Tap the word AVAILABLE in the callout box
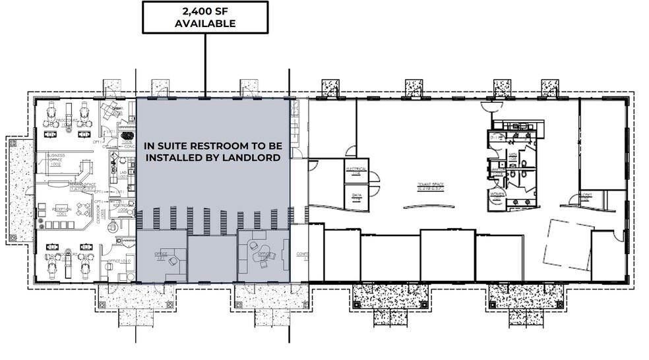204,24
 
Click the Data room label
356,196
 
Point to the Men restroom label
512,157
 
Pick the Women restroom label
497,196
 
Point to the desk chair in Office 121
173,260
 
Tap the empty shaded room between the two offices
212,259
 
